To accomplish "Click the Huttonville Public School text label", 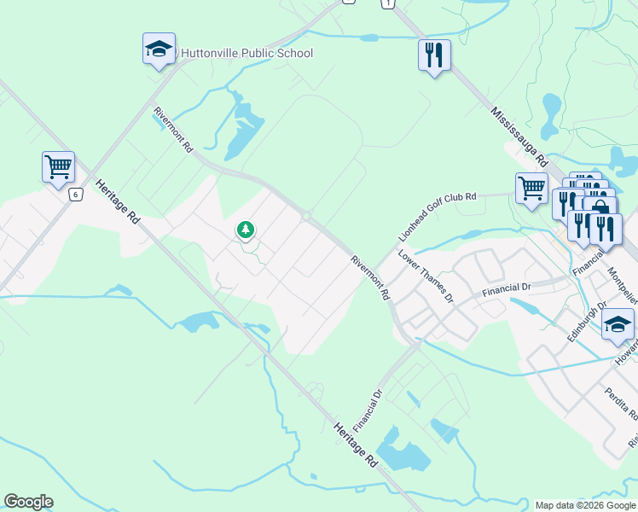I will point(246,54).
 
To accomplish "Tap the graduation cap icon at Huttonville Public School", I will point(159,49).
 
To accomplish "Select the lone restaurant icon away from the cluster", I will point(434,56).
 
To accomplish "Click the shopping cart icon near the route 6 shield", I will point(58,166).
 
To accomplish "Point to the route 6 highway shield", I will point(76,195).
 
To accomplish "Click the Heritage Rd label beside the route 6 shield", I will point(118,202).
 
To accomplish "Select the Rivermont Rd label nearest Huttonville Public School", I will point(173,130).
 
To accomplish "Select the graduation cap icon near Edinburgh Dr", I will point(618,324).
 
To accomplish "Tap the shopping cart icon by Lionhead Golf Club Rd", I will point(531,188).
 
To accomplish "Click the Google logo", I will point(28,502).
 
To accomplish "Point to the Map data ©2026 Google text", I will point(584,505).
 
